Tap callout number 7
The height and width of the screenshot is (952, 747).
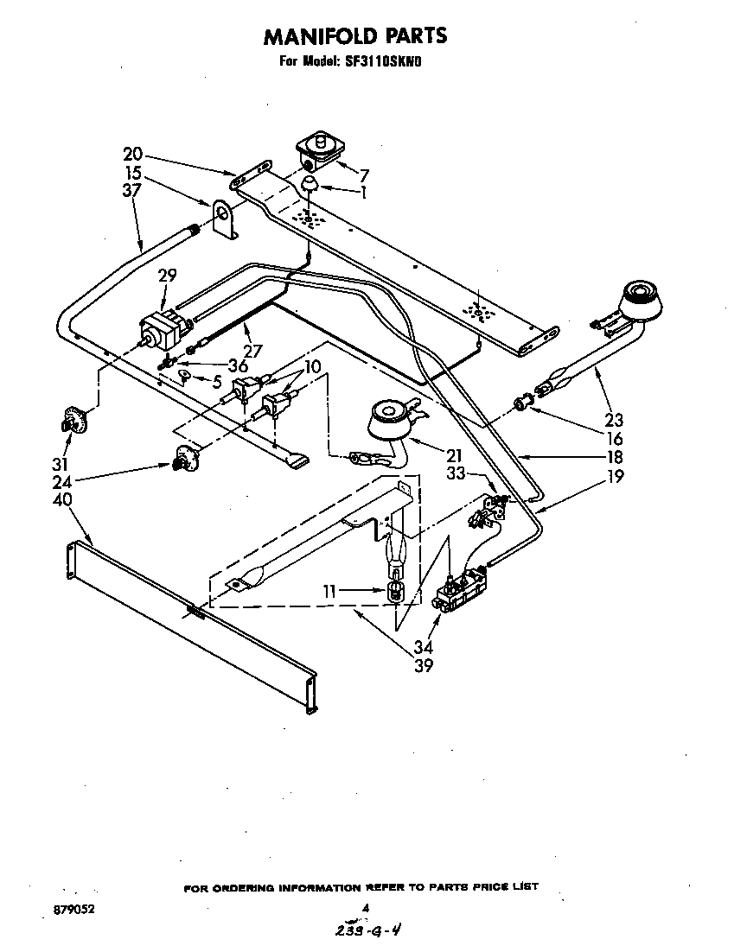364,175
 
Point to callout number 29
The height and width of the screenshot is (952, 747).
167,276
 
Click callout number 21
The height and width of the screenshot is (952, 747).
455,455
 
